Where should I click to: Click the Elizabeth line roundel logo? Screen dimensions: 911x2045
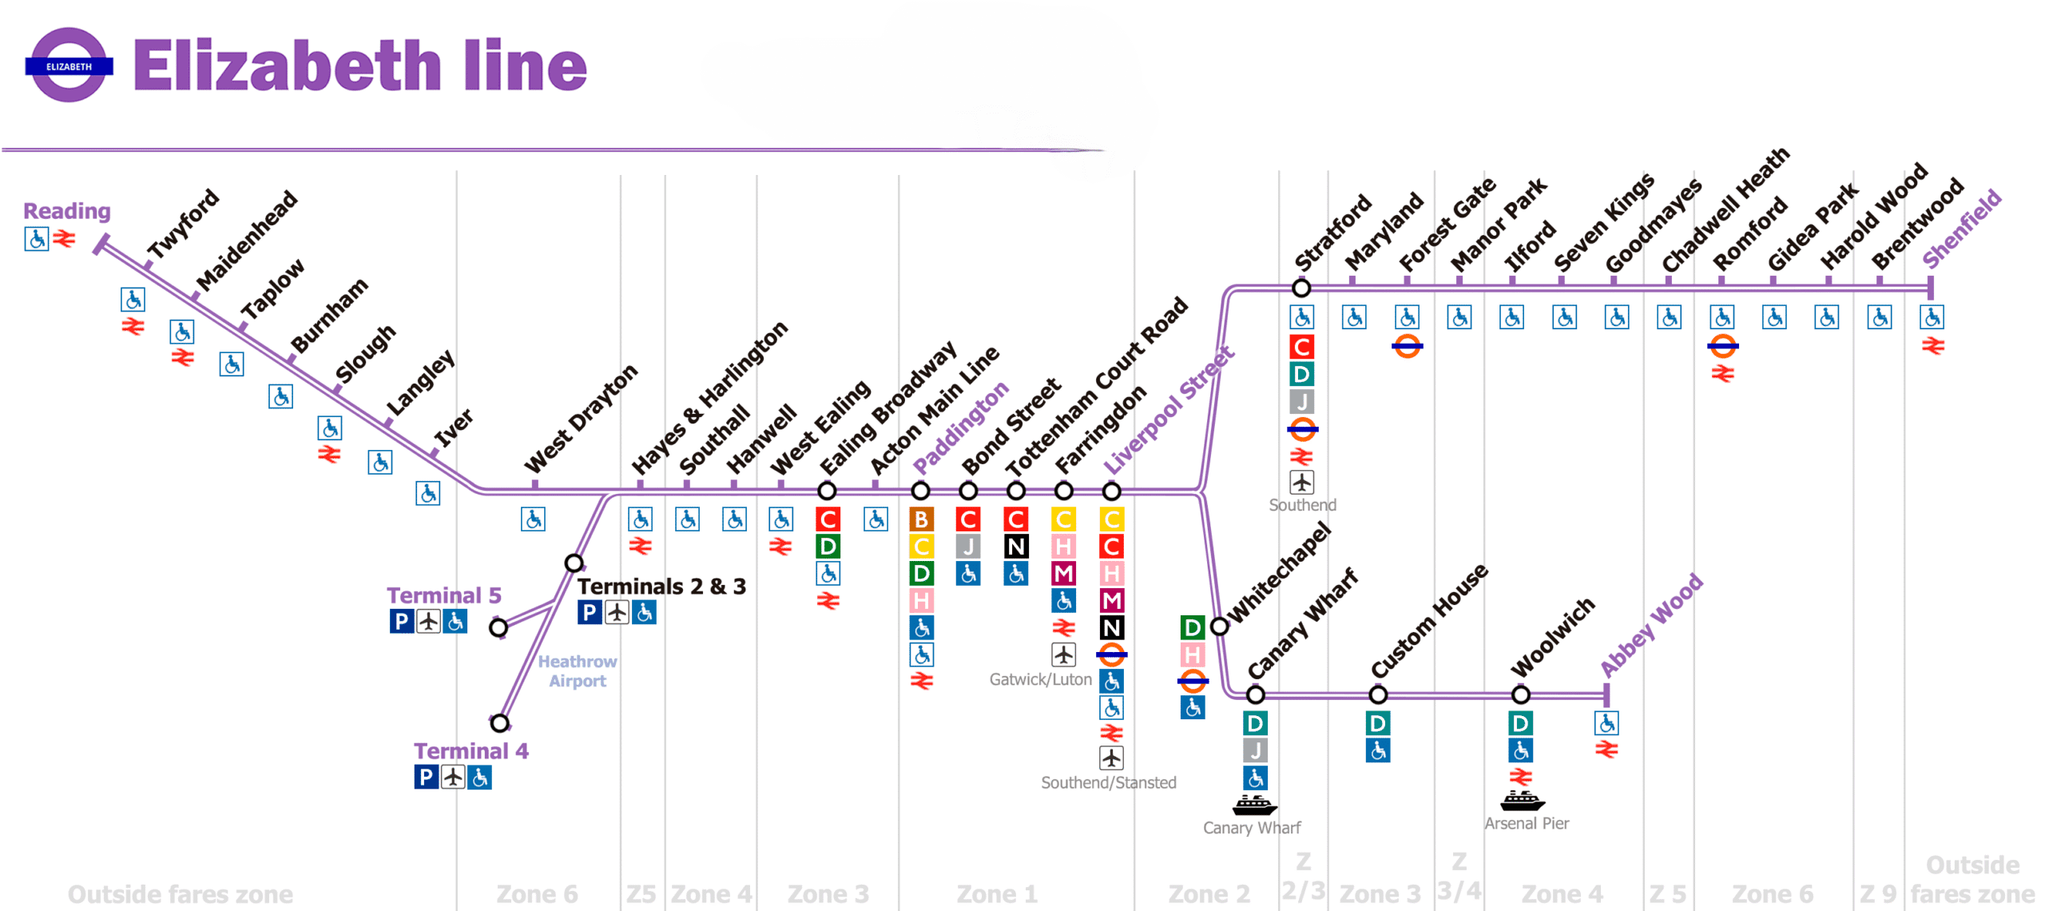(69, 66)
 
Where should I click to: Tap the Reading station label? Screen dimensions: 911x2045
(66, 211)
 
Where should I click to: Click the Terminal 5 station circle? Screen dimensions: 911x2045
(498, 627)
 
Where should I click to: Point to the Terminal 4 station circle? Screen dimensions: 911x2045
(499, 723)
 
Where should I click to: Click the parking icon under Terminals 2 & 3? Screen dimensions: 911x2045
(589, 612)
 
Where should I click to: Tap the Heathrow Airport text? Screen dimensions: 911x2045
(577, 671)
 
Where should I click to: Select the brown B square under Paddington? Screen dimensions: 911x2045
(920, 519)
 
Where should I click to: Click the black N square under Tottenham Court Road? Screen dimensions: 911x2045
(1015, 547)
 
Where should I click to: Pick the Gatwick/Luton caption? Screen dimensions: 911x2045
(1039, 679)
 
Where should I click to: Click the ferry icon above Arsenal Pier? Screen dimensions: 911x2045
(1522, 800)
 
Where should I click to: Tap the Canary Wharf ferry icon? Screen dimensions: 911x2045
(1254, 805)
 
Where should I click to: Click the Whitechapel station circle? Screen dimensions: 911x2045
(1219, 627)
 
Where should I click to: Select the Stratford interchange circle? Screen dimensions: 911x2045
(1300, 288)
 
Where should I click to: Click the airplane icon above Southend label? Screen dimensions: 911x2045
(1301, 483)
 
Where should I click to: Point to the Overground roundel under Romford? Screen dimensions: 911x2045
(1722, 346)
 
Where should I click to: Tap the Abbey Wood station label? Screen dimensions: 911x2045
(1651, 626)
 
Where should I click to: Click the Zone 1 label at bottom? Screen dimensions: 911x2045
(996, 893)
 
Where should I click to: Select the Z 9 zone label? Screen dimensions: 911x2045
(1877, 893)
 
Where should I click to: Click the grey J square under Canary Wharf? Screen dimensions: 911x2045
(1254, 750)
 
